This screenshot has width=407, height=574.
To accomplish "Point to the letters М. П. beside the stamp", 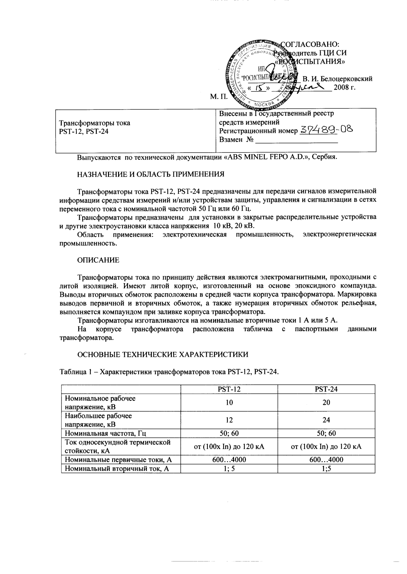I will tap(218, 96).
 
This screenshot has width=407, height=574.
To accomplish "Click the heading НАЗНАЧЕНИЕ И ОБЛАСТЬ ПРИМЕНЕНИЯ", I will tap(150, 174).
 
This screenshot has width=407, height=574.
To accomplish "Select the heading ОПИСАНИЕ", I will tap(98, 260).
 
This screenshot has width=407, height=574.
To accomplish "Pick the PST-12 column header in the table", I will tap(229, 389).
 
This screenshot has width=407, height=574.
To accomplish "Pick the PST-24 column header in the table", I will tap(326, 389).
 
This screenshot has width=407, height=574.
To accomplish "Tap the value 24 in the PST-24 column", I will tap(326, 420).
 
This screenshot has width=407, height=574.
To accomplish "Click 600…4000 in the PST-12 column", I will tap(229, 460).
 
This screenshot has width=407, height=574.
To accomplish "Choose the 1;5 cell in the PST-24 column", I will tap(326, 469).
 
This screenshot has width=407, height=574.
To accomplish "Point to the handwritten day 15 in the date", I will tap(258, 88).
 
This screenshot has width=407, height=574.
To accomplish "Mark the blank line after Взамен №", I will tap(296, 141).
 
